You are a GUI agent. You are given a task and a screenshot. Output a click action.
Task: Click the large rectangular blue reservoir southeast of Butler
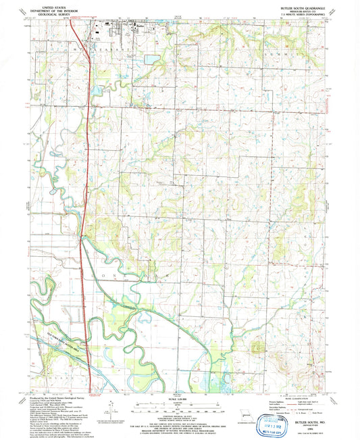[151, 60]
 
